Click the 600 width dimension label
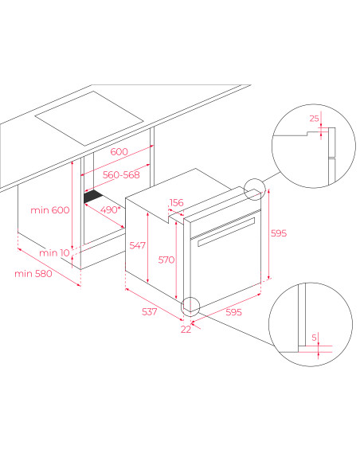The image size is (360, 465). [119, 151]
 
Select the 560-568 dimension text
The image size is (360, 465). [121, 174]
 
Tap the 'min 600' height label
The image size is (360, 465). [50, 210]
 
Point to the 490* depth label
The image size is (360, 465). [111, 209]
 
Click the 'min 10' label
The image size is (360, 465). [54, 253]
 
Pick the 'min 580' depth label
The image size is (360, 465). [33, 273]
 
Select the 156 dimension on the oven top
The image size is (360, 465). [177, 202]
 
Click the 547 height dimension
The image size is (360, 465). [138, 245]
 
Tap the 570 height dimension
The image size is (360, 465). [166, 260]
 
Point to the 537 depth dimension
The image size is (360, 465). [150, 311]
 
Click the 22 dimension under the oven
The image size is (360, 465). [186, 330]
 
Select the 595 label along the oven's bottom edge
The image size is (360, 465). [233, 312]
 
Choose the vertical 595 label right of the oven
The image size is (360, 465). [279, 233]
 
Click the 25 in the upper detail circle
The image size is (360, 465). [315, 119]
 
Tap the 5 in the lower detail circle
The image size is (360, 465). [315, 338]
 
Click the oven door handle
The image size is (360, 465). [226, 232]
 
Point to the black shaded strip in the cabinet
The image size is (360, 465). [93, 197]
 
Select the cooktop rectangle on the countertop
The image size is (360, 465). [89, 119]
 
